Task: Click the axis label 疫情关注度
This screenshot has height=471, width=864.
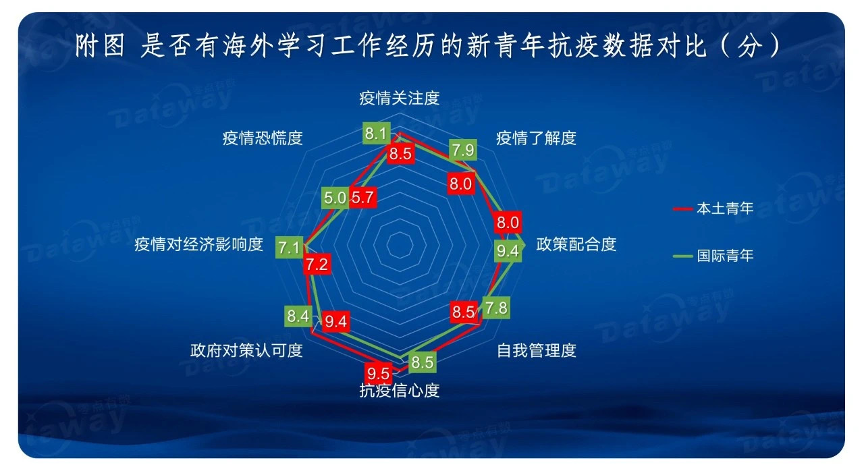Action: click(x=399, y=99)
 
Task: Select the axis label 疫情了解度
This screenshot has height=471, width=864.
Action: click(x=536, y=138)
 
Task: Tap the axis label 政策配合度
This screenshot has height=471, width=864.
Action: click(x=576, y=244)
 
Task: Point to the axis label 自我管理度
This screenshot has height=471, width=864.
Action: click(x=536, y=350)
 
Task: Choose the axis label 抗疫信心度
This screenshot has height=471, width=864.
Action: click(x=399, y=391)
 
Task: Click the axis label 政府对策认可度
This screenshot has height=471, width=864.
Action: click(x=246, y=350)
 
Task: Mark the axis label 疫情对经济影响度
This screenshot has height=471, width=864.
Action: click(x=198, y=244)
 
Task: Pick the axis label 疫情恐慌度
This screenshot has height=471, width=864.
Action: click(x=263, y=138)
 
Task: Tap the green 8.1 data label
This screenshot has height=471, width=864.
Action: click(x=377, y=134)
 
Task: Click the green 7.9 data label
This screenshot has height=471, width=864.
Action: click(x=463, y=150)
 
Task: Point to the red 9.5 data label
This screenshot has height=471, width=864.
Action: click(x=379, y=372)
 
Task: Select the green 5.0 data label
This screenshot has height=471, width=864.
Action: click(x=335, y=198)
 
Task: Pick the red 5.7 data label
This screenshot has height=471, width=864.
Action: click(x=362, y=197)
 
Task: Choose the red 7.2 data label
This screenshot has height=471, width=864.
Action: click(x=317, y=265)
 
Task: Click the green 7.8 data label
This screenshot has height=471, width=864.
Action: click(x=496, y=308)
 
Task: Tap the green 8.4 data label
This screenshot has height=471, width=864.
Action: click(x=298, y=316)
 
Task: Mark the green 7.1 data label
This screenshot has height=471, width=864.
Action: click(x=290, y=248)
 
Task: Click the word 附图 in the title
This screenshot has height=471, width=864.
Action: click(x=100, y=46)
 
